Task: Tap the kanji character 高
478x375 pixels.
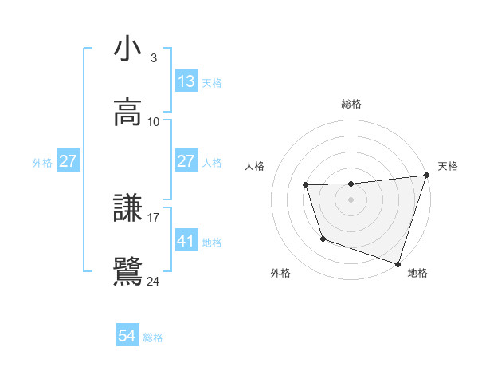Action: [128, 112]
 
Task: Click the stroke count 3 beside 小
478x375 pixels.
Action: [153, 58]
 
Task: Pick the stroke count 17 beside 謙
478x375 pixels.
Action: [153, 217]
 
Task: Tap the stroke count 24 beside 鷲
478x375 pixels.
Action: [153, 281]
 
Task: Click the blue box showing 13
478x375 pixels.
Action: [186, 81]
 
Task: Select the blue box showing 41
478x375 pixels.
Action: [186, 240]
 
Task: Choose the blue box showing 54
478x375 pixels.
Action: [127, 337]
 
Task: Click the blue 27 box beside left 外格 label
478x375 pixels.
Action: [69, 161]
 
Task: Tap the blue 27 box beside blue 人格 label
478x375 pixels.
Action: [186, 161]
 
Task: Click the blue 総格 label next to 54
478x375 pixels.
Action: [153, 337]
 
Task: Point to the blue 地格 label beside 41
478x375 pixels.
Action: [212, 242]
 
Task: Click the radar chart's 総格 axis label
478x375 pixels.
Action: [351, 104]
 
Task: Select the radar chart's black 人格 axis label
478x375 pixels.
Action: [255, 166]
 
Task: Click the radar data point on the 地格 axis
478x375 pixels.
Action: [398, 263]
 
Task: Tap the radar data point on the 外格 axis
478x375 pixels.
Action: [323, 239]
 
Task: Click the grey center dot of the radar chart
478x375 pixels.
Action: [351, 199]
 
